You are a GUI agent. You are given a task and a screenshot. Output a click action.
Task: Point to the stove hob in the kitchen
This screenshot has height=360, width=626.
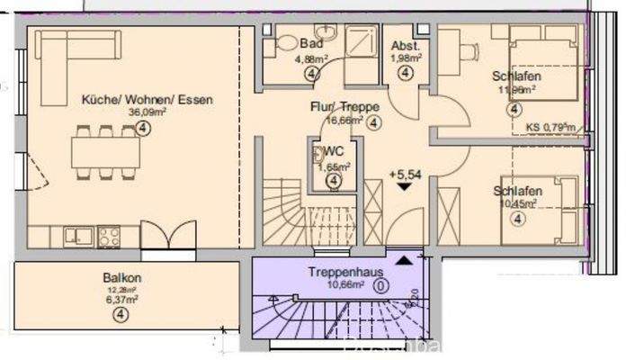pyautogui.click(x=109, y=237)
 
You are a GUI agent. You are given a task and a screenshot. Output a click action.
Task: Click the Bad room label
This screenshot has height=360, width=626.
pyautogui.click(x=311, y=44)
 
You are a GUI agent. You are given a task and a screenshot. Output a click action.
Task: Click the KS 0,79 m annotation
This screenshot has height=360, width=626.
pyautogui.click(x=549, y=127)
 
